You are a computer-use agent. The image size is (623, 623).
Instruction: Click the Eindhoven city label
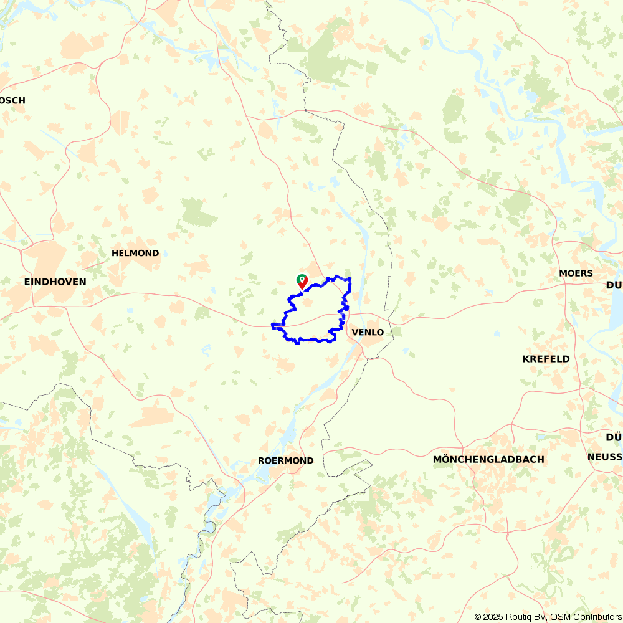click(55, 282)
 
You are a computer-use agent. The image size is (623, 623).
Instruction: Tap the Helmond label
click(135, 253)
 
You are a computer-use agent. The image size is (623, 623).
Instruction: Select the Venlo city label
click(368, 332)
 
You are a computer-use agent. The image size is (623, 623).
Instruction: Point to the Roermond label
click(285, 460)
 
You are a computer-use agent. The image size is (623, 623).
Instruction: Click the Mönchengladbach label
click(488, 459)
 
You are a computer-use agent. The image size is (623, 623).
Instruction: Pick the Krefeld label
click(546, 359)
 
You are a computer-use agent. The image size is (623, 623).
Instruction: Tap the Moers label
click(576, 273)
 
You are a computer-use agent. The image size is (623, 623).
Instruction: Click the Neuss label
click(604, 457)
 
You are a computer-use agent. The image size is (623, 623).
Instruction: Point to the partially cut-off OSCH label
click(12, 100)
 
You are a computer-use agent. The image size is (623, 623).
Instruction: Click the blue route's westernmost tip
click(273, 325)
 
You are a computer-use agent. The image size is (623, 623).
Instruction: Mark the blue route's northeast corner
click(350, 279)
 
